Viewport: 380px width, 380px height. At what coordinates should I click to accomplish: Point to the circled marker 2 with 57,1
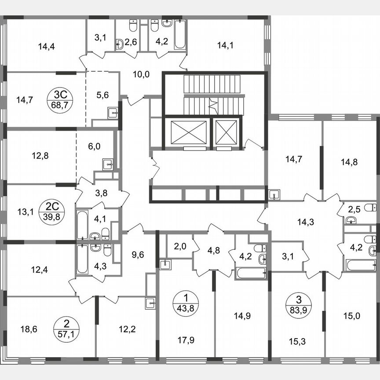pos(66,328)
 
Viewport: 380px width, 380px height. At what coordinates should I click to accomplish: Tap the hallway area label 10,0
pos(141,74)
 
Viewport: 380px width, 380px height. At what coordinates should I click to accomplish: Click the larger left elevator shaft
pos(185,132)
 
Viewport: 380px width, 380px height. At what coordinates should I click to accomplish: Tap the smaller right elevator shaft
pos(226,132)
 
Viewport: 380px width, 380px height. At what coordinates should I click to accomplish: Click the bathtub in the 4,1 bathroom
pos(82,226)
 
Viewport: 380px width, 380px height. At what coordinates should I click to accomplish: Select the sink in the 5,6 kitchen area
pos(112,113)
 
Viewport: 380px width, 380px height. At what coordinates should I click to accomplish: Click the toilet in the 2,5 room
pos(351,220)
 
